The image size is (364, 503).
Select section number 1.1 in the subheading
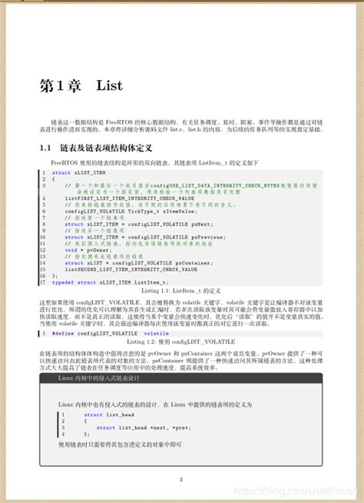(x=45, y=147)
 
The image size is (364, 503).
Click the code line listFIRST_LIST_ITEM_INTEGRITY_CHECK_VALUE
(x=119, y=198)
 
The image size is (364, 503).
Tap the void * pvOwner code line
(x=81, y=250)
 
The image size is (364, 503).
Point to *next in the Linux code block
(x=154, y=427)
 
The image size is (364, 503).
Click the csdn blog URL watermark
(x=296, y=491)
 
